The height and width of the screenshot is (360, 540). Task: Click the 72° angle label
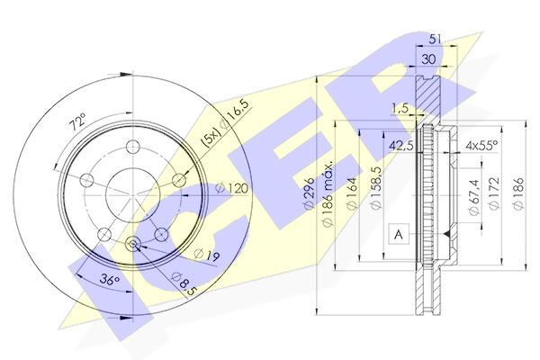78,123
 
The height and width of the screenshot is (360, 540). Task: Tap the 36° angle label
109,279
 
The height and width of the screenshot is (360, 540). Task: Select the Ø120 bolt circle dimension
232,188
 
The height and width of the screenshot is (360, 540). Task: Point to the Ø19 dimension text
207,255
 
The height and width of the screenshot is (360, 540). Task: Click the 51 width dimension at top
436,39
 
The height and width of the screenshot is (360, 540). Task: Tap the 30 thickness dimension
428,59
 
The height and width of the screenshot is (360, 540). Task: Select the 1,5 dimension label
400,108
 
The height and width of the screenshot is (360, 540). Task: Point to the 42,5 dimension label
401,146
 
